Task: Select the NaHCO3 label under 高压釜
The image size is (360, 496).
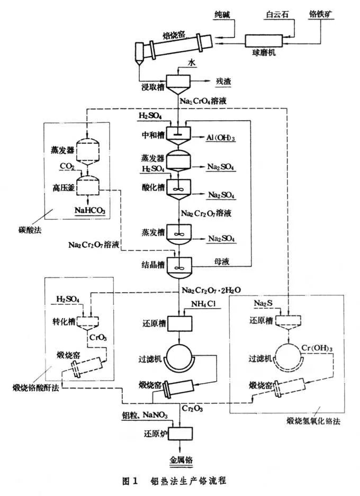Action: click(x=91, y=212)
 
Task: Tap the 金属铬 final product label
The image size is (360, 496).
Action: click(x=180, y=457)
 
